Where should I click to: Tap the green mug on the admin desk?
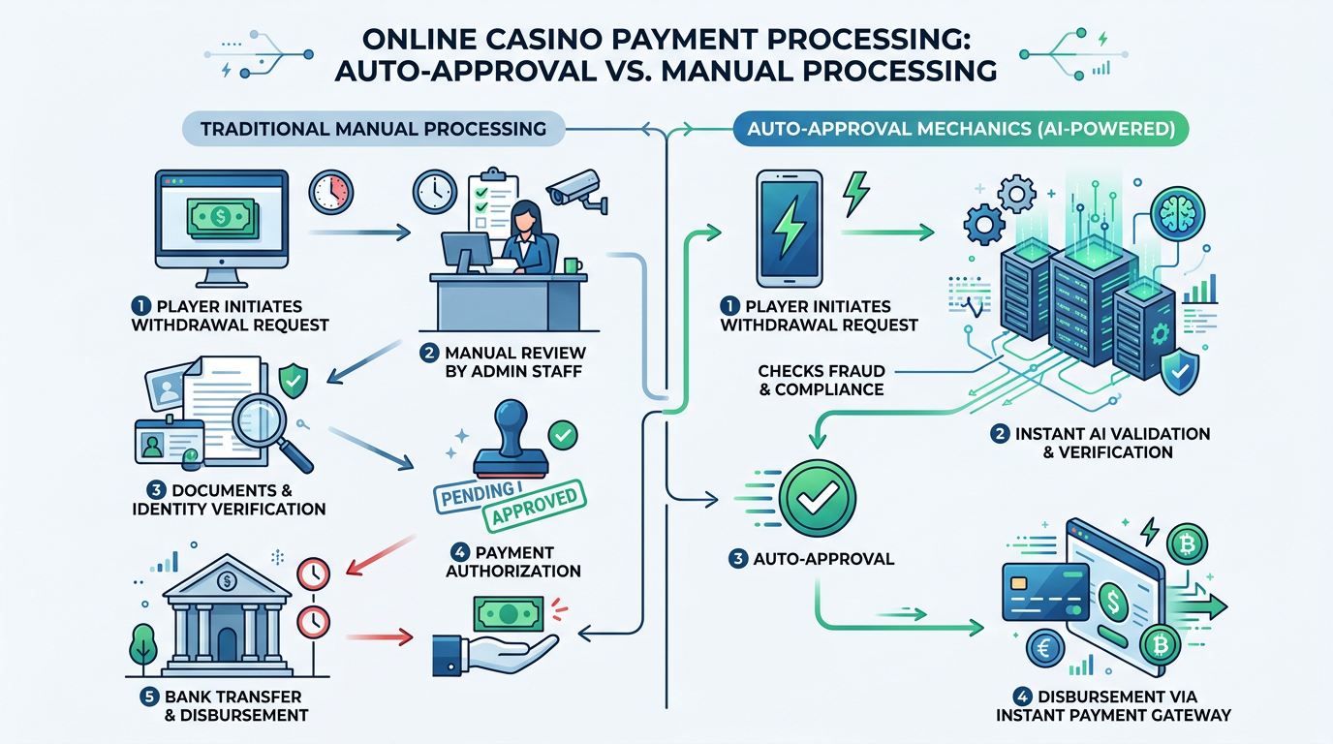[573, 263]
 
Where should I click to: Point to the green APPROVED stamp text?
[534, 505]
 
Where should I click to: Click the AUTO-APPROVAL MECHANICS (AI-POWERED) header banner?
[955, 129]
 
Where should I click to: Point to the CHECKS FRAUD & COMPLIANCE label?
[821, 380]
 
